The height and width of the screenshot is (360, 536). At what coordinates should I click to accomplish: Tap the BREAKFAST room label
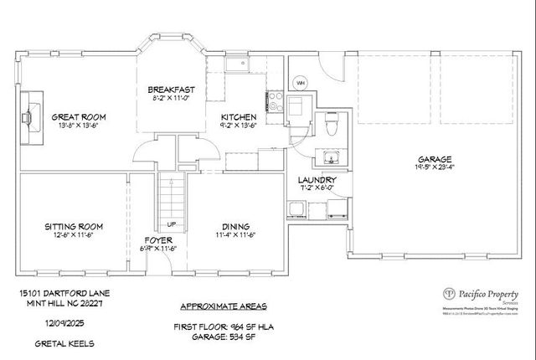coord(171,90)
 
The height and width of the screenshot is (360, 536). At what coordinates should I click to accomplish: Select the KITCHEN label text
coord(239,117)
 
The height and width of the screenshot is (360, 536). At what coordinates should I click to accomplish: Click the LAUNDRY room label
coord(317,180)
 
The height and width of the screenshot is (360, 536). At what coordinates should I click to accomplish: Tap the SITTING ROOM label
coord(74,226)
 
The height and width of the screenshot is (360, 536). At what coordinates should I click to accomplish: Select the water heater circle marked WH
coord(300,82)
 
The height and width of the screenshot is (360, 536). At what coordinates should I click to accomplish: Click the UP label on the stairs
coord(172,224)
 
